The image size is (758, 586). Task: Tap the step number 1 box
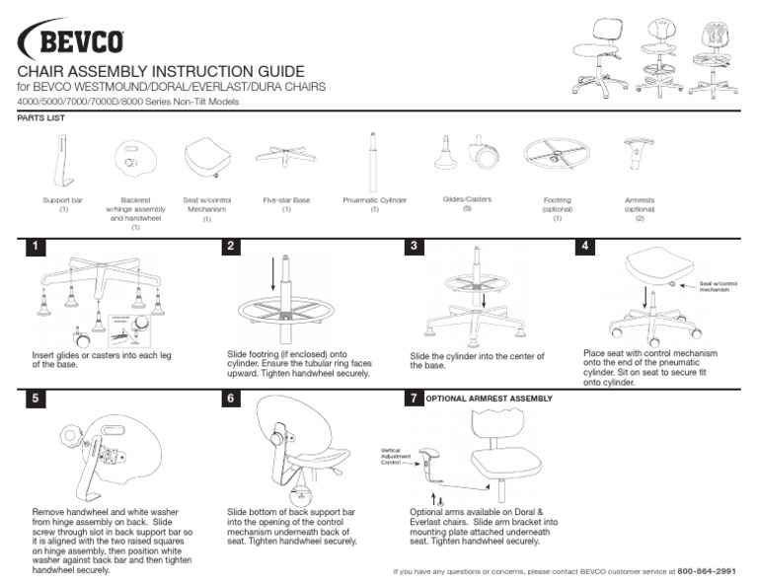(38, 247)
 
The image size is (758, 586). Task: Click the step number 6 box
(232, 400)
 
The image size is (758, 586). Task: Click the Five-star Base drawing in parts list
(286, 156)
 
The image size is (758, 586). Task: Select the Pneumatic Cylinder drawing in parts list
(374, 162)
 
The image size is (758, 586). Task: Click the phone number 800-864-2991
(707, 571)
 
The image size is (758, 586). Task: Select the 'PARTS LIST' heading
(36, 116)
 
